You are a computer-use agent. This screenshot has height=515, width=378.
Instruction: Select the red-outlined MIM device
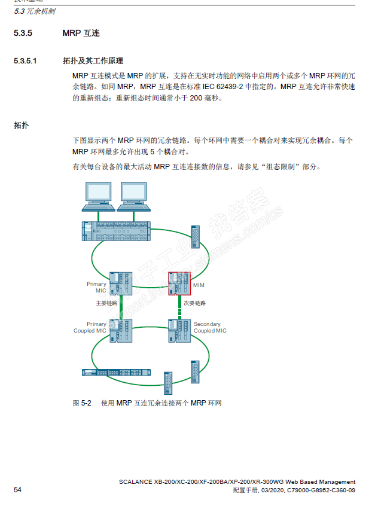pos(179,284)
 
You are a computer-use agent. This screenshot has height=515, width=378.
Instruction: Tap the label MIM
pos(199,285)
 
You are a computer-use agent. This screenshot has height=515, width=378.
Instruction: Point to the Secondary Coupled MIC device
pos(179,330)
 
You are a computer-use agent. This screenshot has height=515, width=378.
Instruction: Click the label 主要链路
pos(106,303)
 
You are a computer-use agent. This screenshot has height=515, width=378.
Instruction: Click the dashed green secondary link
pos(179,307)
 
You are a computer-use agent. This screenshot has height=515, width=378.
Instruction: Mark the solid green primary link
pos(121,307)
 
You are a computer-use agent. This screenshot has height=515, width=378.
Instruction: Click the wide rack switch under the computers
pos(116,230)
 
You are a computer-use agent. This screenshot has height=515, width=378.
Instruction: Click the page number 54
pos(17,490)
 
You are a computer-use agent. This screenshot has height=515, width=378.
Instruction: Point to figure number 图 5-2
pos(82,403)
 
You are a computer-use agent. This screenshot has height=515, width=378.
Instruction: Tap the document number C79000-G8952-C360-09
pos(321,490)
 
